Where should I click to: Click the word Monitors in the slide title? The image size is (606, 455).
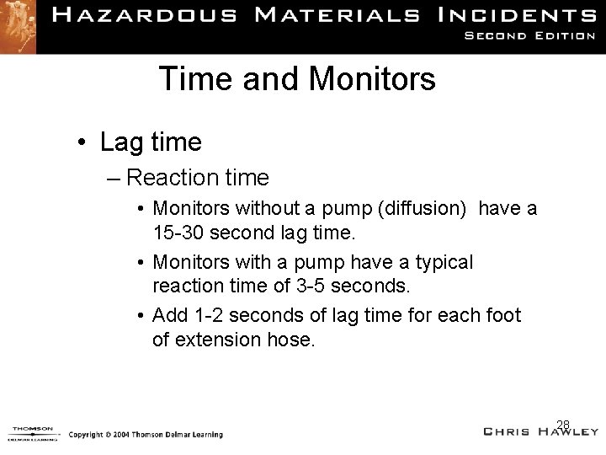(x=372, y=79)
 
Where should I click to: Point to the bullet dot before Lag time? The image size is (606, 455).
(x=84, y=142)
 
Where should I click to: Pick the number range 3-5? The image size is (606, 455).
(x=311, y=286)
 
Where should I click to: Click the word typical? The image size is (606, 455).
(x=444, y=263)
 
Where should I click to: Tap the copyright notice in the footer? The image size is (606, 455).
(x=146, y=435)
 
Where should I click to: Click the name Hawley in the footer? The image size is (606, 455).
(x=563, y=432)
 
